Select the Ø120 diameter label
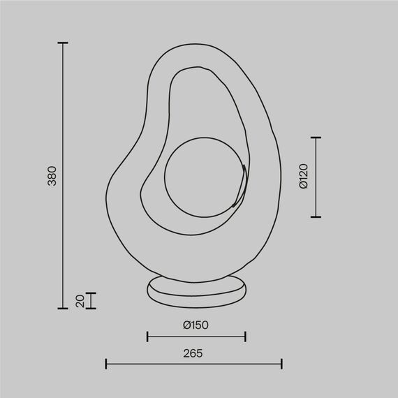(303, 177)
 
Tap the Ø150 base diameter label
(196, 325)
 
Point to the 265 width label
(193, 353)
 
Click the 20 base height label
(80, 301)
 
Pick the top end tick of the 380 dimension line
(63, 43)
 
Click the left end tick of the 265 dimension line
(106, 364)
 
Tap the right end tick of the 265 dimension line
(281, 364)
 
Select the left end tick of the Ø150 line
(147, 337)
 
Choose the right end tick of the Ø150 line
(245, 337)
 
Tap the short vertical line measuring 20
(91, 301)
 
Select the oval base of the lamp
(198, 290)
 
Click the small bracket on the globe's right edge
(240, 186)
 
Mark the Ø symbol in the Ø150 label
(186, 325)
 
